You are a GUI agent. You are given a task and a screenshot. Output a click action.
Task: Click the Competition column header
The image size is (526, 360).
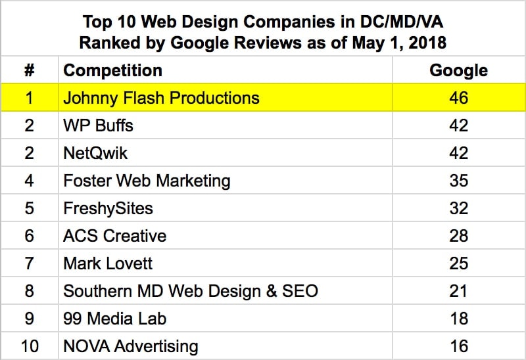click(112, 71)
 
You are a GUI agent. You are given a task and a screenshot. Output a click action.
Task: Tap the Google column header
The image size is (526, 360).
click(458, 71)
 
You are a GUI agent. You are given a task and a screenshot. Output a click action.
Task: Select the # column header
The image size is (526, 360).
click(30, 71)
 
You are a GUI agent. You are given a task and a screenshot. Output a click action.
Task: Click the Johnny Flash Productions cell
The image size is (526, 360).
click(161, 99)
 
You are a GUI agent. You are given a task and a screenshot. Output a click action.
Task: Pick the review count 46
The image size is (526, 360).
click(458, 99)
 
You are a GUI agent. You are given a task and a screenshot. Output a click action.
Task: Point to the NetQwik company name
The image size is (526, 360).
click(96, 154)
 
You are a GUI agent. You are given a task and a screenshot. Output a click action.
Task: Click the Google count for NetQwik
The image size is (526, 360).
click(458, 154)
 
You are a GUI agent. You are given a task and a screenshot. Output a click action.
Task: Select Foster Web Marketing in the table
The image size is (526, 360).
click(147, 181)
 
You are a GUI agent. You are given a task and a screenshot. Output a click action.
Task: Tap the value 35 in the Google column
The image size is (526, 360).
click(458, 181)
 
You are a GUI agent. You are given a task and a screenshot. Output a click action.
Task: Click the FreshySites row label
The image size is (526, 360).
click(108, 209)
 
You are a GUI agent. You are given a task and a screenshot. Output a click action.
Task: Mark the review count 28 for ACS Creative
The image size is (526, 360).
click(458, 236)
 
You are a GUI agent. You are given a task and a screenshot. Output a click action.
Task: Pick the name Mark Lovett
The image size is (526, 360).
click(108, 263)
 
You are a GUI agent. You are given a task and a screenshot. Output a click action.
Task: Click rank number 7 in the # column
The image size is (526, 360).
click(30, 263)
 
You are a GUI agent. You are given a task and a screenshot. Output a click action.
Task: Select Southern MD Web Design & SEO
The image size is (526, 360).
click(191, 291)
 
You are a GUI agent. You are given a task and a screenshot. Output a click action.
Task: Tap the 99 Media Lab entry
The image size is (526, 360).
click(115, 319)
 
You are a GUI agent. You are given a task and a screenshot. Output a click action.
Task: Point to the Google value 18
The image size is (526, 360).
click(458, 319)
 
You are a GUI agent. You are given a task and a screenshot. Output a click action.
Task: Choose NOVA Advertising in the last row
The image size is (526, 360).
click(130, 346)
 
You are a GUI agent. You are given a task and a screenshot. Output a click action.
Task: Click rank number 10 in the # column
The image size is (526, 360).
click(30, 346)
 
